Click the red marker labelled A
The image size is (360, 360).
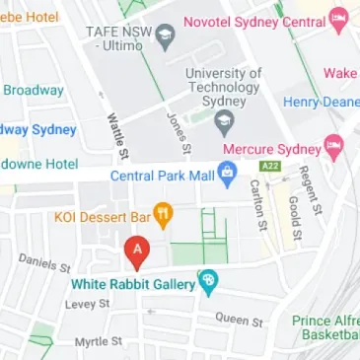(136, 252)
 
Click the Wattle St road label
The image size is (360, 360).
(116, 136)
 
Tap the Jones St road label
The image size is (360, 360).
(180, 132)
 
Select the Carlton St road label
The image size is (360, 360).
(257, 204)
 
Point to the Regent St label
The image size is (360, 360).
(311, 189)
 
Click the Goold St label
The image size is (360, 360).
(293, 217)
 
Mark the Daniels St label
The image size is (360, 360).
(44, 262)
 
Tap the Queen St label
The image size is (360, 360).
(240, 320)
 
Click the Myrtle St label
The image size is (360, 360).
(99, 341)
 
